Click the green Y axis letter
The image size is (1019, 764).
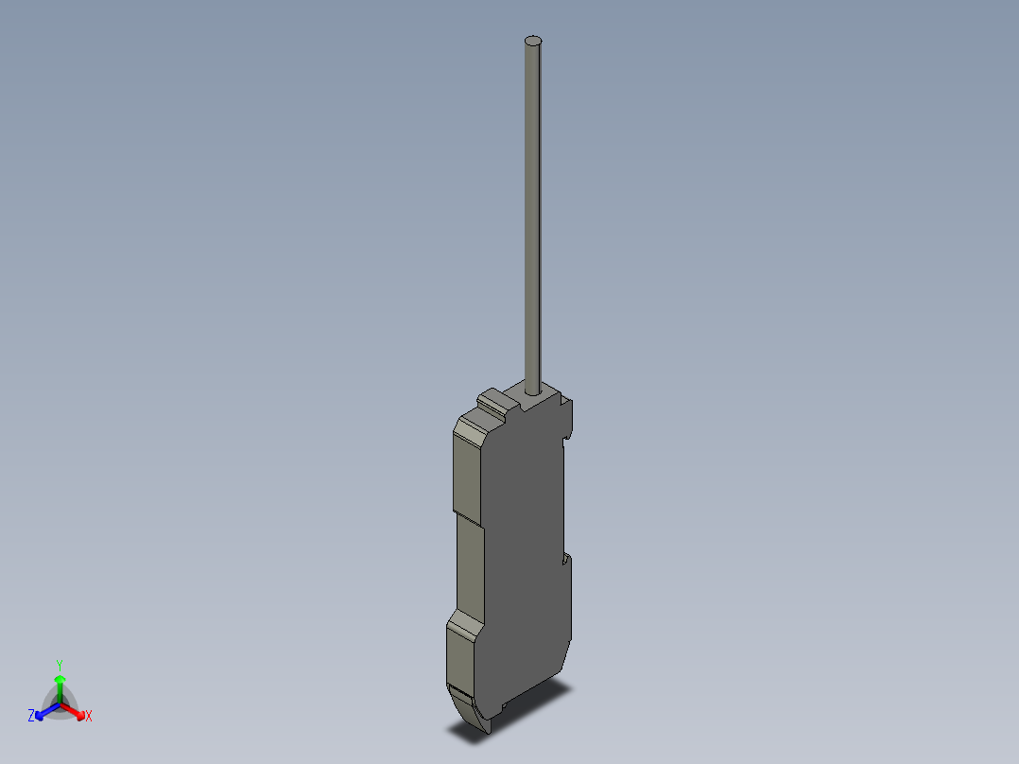[60, 664]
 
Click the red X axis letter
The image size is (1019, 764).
[89, 717]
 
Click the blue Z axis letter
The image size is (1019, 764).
[31, 717]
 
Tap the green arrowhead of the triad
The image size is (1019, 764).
[60, 679]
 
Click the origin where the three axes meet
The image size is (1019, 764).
[60, 703]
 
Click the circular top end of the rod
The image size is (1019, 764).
[534, 41]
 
